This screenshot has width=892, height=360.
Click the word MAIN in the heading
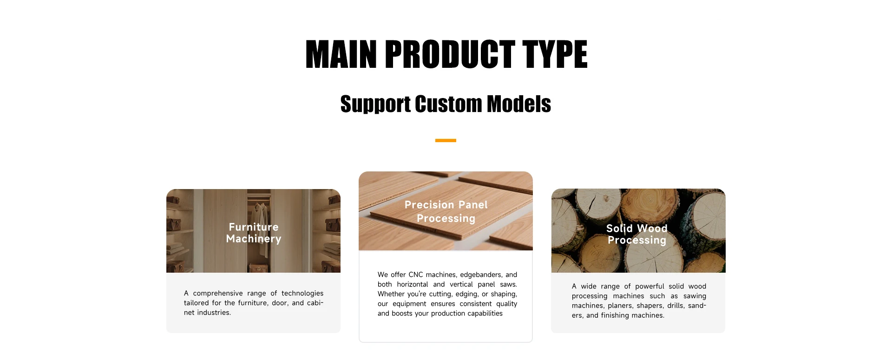click(x=341, y=54)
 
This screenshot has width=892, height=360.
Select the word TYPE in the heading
click(x=555, y=54)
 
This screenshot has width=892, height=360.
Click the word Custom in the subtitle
click(x=448, y=104)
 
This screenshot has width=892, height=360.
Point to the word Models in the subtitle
click(x=519, y=104)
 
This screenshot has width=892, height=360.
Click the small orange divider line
click(x=446, y=140)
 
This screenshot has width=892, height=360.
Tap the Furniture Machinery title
click(x=254, y=233)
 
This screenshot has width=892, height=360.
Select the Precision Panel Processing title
click(x=446, y=211)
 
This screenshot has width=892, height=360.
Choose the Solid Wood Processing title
click(x=637, y=234)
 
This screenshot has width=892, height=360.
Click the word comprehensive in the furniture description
click(x=218, y=293)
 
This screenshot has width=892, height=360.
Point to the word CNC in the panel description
click(x=416, y=275)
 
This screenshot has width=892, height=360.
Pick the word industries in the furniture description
click(x=214, y=313)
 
